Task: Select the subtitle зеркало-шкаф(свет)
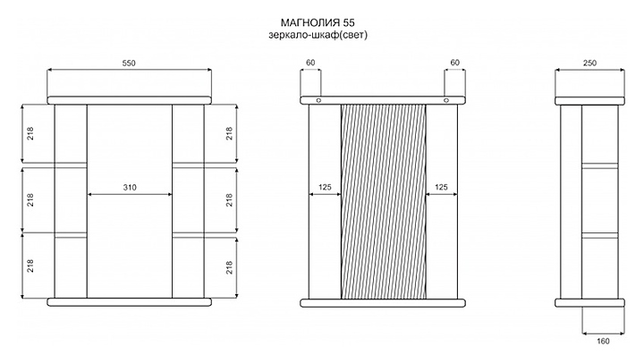(318, 35)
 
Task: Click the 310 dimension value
(131, 188)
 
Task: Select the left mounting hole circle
(318, 100)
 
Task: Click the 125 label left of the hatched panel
(325, 188)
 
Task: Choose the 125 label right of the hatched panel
(441, 188)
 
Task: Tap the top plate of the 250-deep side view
(589, 99)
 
